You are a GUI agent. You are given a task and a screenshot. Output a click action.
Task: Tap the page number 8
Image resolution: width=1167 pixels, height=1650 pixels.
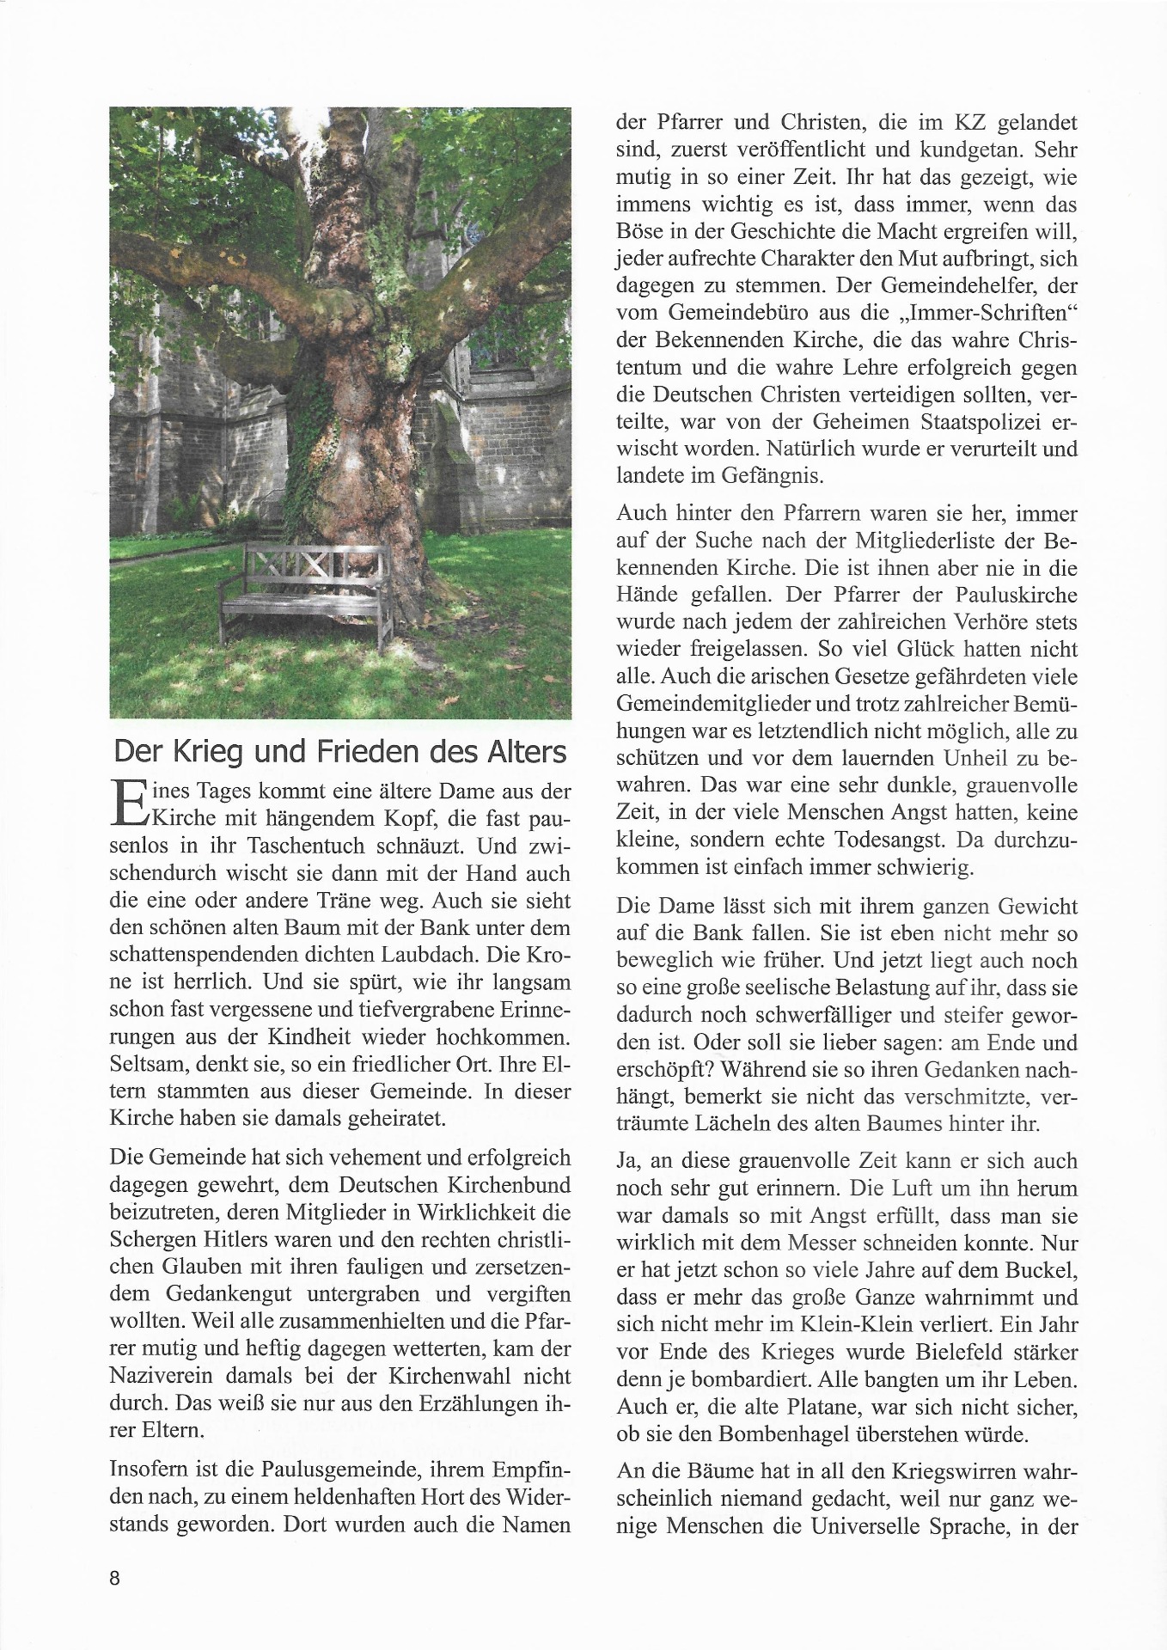116,1578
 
